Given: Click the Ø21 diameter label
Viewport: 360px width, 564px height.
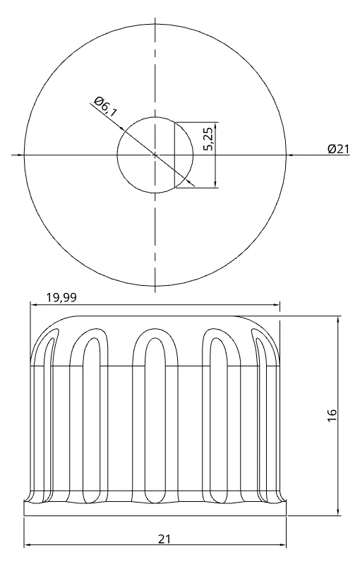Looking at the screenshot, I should point(339,148).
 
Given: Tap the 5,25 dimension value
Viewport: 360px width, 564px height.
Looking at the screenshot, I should point(208,139).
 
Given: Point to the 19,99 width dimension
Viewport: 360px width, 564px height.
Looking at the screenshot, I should point(61,298).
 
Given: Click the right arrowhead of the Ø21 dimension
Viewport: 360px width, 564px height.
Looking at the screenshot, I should point(284,154).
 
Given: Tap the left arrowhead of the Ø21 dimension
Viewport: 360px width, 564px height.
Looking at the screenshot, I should point(28,154).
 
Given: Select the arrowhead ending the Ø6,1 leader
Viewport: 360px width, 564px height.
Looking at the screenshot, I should point(191,181).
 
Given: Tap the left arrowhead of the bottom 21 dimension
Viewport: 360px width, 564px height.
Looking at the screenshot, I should point(28,545).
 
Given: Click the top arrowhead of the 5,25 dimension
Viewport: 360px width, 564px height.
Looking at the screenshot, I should point(215,125).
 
